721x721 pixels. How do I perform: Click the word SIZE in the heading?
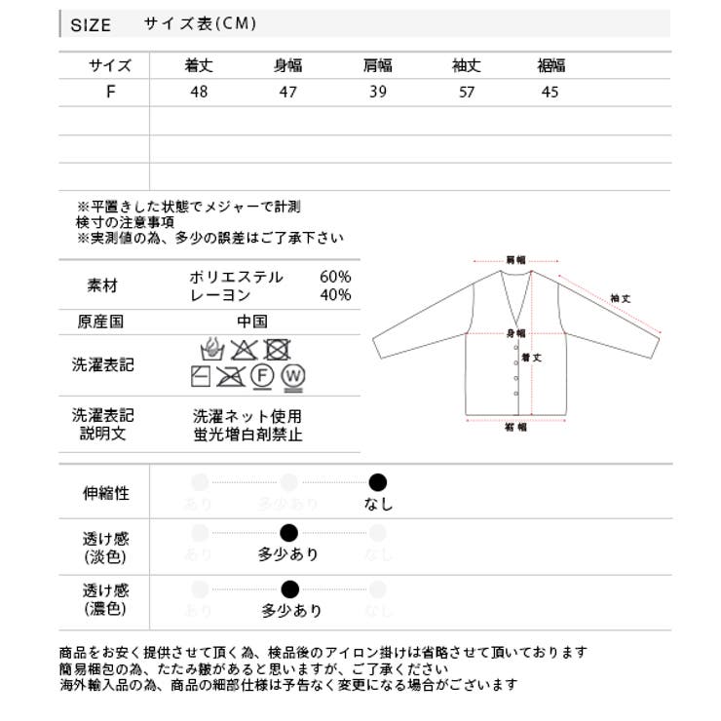pos(91,25)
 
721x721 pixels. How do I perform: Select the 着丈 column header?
pos(199,66)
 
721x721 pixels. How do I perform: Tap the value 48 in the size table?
pos(199,93)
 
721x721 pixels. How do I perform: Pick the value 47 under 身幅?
pos(287,93)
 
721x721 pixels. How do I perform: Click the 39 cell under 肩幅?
pos(377,93)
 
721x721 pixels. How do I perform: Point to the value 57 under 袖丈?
pos(466,93)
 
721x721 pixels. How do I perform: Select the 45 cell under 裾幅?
pos(550,93)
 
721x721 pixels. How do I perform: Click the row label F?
pos(110,93)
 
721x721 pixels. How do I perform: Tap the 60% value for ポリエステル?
pos(335,277)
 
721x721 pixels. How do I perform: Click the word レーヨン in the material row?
pos(220,295)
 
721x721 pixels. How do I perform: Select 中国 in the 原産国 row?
pos(251,322)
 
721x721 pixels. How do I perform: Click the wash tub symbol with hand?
pos(209,349)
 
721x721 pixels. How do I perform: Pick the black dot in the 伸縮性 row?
pos(378,482)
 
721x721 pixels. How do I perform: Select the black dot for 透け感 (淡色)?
pos(288,533)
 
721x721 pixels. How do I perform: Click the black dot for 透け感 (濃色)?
pos(289,588)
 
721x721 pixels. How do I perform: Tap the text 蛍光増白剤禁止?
pos(247,435)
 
